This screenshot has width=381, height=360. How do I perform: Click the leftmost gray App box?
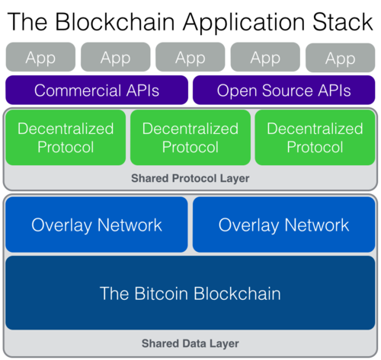pyautogui.click(x=40, y=57)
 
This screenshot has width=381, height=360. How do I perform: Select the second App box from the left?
pyautogui.click(x=115, y=57)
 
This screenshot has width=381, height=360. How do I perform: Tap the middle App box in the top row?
pyautogui.click(x=190, y=57)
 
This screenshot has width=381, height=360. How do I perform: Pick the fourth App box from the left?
pyautogui.click(x=264, y=57)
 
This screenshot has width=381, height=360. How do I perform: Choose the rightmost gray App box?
pyautogui.click(x=340, y=57)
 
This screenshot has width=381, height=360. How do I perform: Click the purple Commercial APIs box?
pyautogui.click(x=97, y=91)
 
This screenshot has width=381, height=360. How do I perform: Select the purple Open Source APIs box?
pyautogui.click(x=284, y=91)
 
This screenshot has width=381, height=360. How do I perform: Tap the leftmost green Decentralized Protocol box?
pyautogui.click(x=66, y=138)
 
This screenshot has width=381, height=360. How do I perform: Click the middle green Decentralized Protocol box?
pyautogui.click(x=190, y=138)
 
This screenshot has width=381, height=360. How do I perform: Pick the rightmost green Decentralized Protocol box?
pyautogui.click(x=315, y=138)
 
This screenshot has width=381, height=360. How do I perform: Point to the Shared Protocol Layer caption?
pyautogui.click(x=190, y=178)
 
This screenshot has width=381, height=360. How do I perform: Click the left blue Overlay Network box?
pyautogui.click(x=97, y=225)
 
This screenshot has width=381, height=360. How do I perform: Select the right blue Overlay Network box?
pyautogui.click(x=284, y=225)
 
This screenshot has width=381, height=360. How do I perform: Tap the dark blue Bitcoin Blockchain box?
pyautogui.click(x=190, y=293)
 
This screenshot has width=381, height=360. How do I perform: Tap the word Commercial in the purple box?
pyautogui.click(x=75, y=91)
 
